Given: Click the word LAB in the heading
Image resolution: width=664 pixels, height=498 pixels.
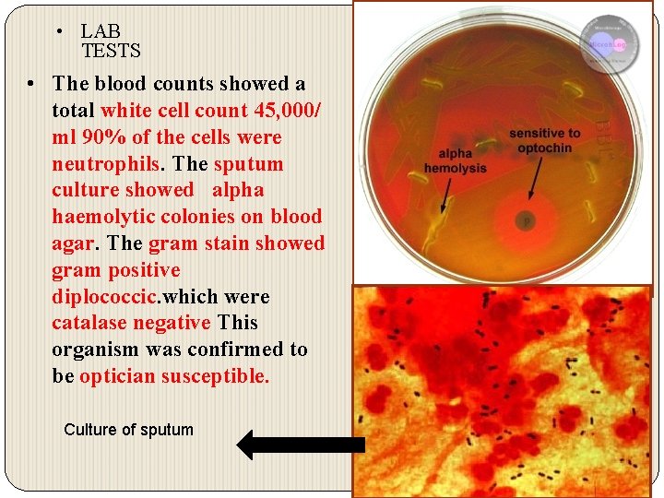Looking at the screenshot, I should pyautogui.click(x=101, y=32).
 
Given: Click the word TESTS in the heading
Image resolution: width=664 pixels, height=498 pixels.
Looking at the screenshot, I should pyautogui.click(x=111, y=51).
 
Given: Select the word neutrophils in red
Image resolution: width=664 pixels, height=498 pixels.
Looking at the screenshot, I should pyautogui.click(x=105, y=164).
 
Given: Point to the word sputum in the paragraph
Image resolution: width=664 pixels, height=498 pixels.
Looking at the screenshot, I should pyautogui.click(x=248, y=164).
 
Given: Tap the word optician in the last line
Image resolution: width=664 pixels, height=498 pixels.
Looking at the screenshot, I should pyautogui.click(x=117, y=376).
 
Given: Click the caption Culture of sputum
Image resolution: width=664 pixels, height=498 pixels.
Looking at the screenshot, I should pyautogui.click(x=128, y=430).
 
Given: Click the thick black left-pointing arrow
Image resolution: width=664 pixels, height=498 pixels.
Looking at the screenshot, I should pyautogui.click(x=301, y=445).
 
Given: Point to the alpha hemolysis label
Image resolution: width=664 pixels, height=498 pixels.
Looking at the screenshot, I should pyautogui.click(x=455, y=161).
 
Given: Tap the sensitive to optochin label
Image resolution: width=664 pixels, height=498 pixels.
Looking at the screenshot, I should pyautogui.click(x=545, y=140).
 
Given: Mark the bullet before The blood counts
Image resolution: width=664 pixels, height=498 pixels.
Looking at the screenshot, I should pyautogui.click(x=31, y=84).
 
